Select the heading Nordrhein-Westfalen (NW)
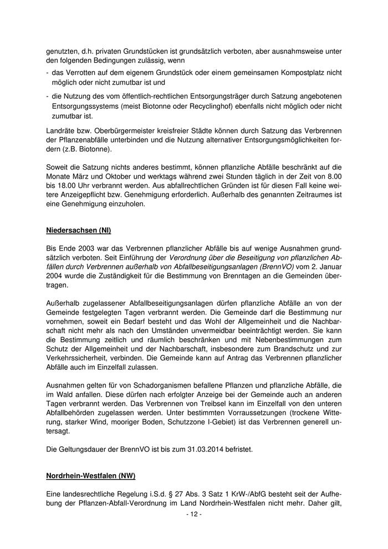pos(90,476)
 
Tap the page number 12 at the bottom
pos(193,514)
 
